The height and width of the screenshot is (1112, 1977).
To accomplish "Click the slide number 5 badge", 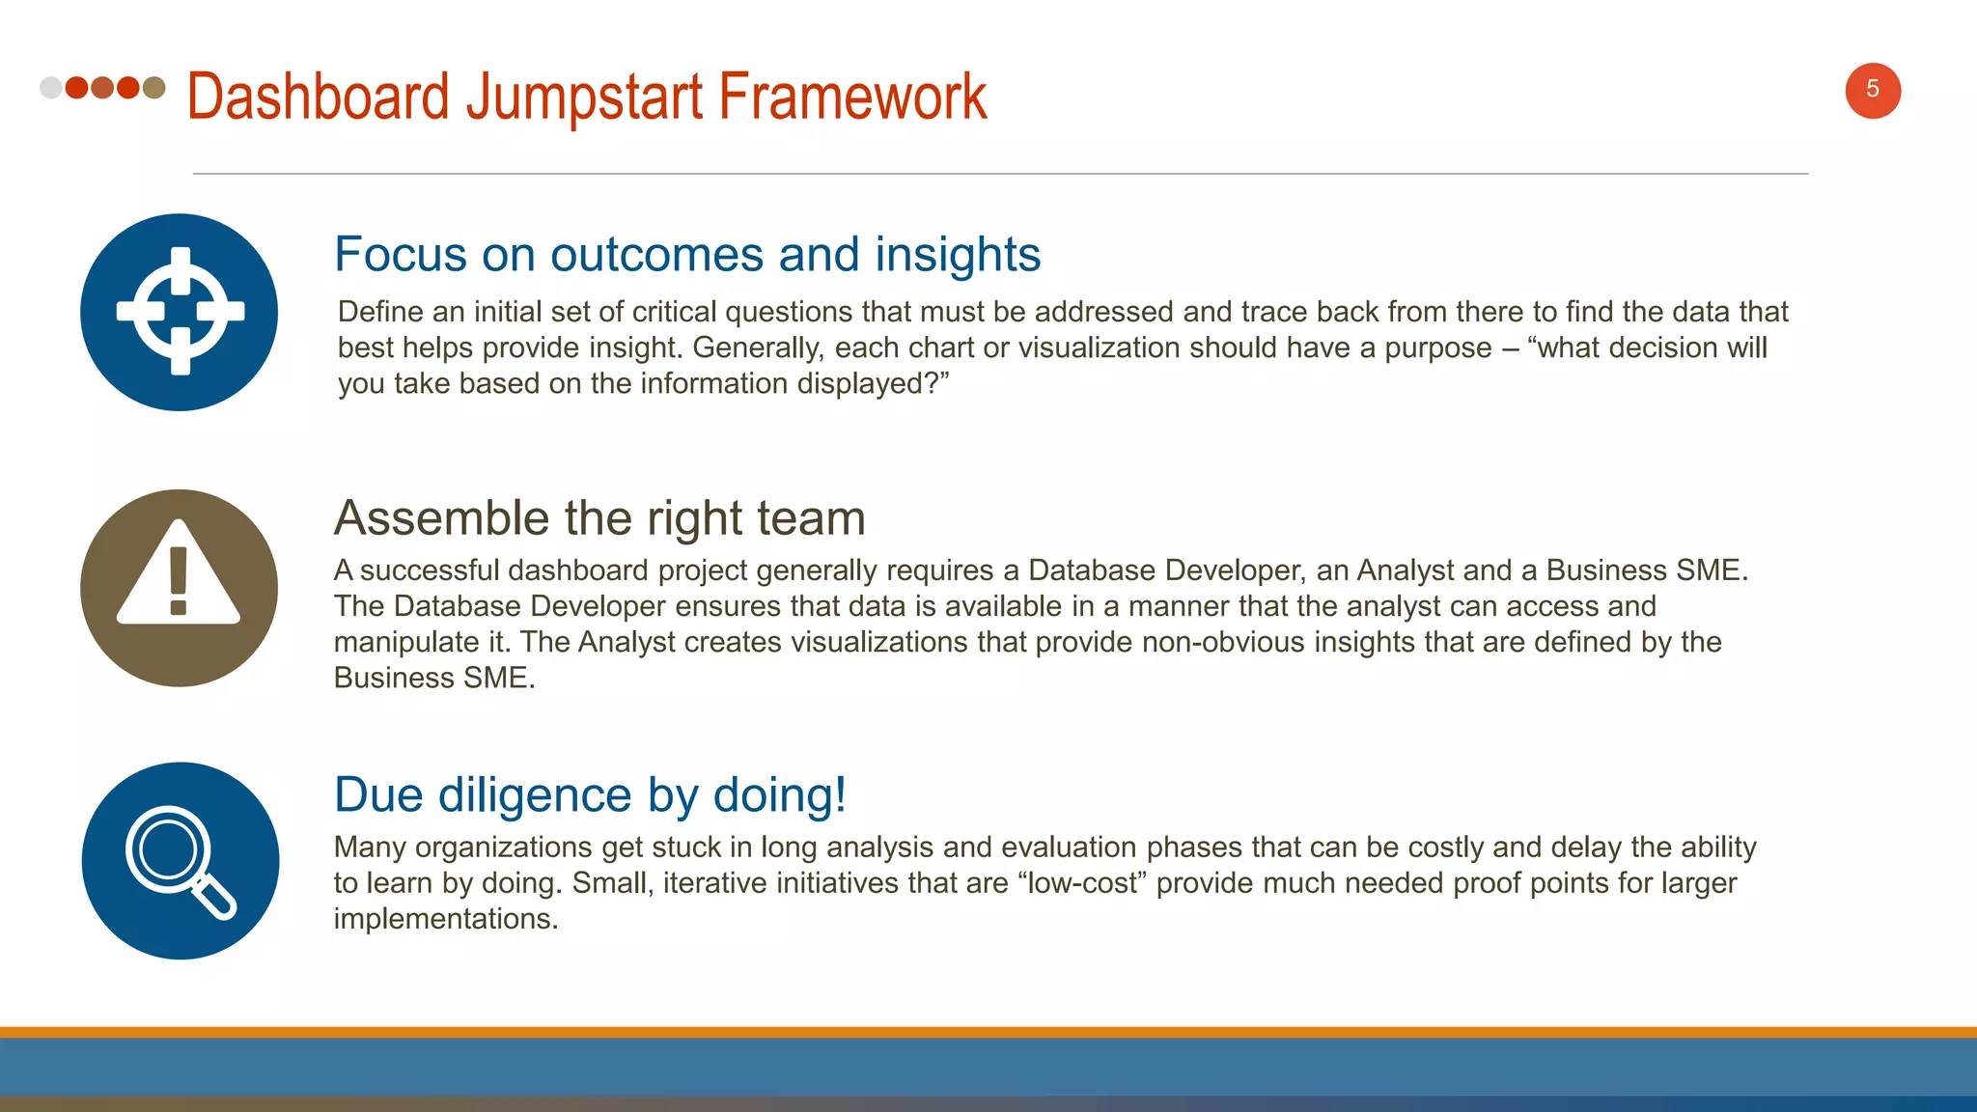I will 1872,91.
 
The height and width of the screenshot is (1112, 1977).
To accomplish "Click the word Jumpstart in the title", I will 584,97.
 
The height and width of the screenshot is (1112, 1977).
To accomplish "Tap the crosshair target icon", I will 180,312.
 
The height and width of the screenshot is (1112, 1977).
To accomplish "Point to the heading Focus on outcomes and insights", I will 686,255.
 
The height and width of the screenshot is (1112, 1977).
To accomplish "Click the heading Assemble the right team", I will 599,518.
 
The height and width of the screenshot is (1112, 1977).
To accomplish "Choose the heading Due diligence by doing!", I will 590,795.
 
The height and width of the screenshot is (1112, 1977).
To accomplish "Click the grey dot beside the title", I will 51,88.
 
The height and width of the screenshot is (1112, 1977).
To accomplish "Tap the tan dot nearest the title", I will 153,88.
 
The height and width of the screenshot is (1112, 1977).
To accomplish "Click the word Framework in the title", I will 851,97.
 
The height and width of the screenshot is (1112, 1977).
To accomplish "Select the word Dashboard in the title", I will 319,97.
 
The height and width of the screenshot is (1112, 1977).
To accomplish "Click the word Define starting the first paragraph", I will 380,312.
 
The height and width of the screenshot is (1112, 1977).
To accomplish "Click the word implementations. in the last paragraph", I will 446,919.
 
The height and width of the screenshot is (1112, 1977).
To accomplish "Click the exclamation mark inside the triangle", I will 179,580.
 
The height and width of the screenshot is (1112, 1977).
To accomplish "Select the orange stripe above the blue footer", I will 988,1032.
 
